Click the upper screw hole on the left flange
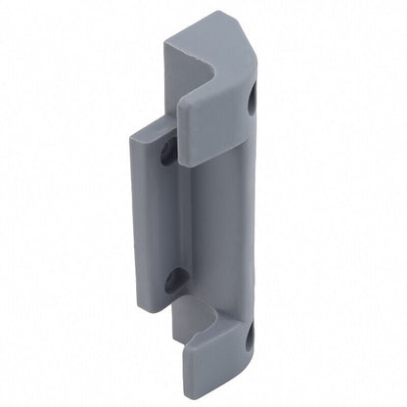(169, 150)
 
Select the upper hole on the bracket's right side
(255, 99)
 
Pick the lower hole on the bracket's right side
(248, 339)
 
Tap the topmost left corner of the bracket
(163, 41)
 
